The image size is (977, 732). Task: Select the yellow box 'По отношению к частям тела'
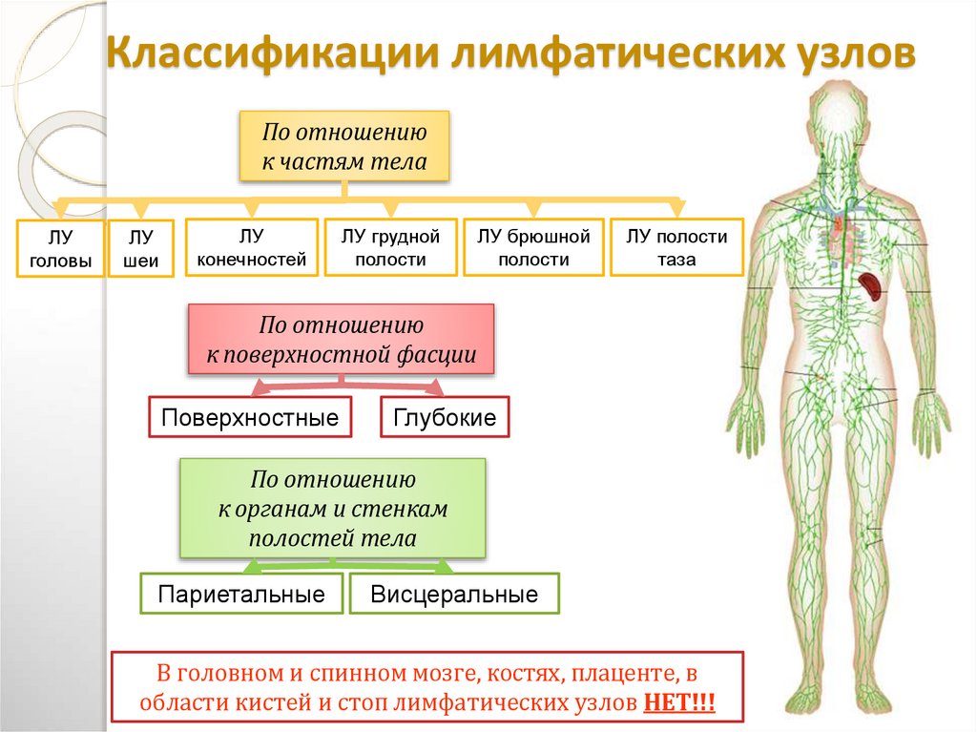(x=344, y=146)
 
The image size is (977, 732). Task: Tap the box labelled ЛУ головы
(x=61, y=248)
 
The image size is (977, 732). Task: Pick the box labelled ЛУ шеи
(x=140, y=248)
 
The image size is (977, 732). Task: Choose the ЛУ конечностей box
(x=252, y=247)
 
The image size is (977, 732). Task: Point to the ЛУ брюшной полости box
(x=533, y=247)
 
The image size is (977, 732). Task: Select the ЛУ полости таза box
(x=676, y=247)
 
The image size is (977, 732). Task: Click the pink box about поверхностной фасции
(x=342, y=341)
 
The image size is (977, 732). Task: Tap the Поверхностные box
(x=251, y=418)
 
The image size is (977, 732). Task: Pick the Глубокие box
(x=445, y=418)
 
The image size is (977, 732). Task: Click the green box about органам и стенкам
(x=333, y=509)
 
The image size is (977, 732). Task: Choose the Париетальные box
(x=241, y=595)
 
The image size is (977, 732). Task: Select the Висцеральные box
(x=454, y=595)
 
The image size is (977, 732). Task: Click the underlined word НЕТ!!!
(x=678, y=704)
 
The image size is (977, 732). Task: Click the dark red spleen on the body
(x=870, y=283)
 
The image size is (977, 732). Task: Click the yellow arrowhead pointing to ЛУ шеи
(x=140, y=210)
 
